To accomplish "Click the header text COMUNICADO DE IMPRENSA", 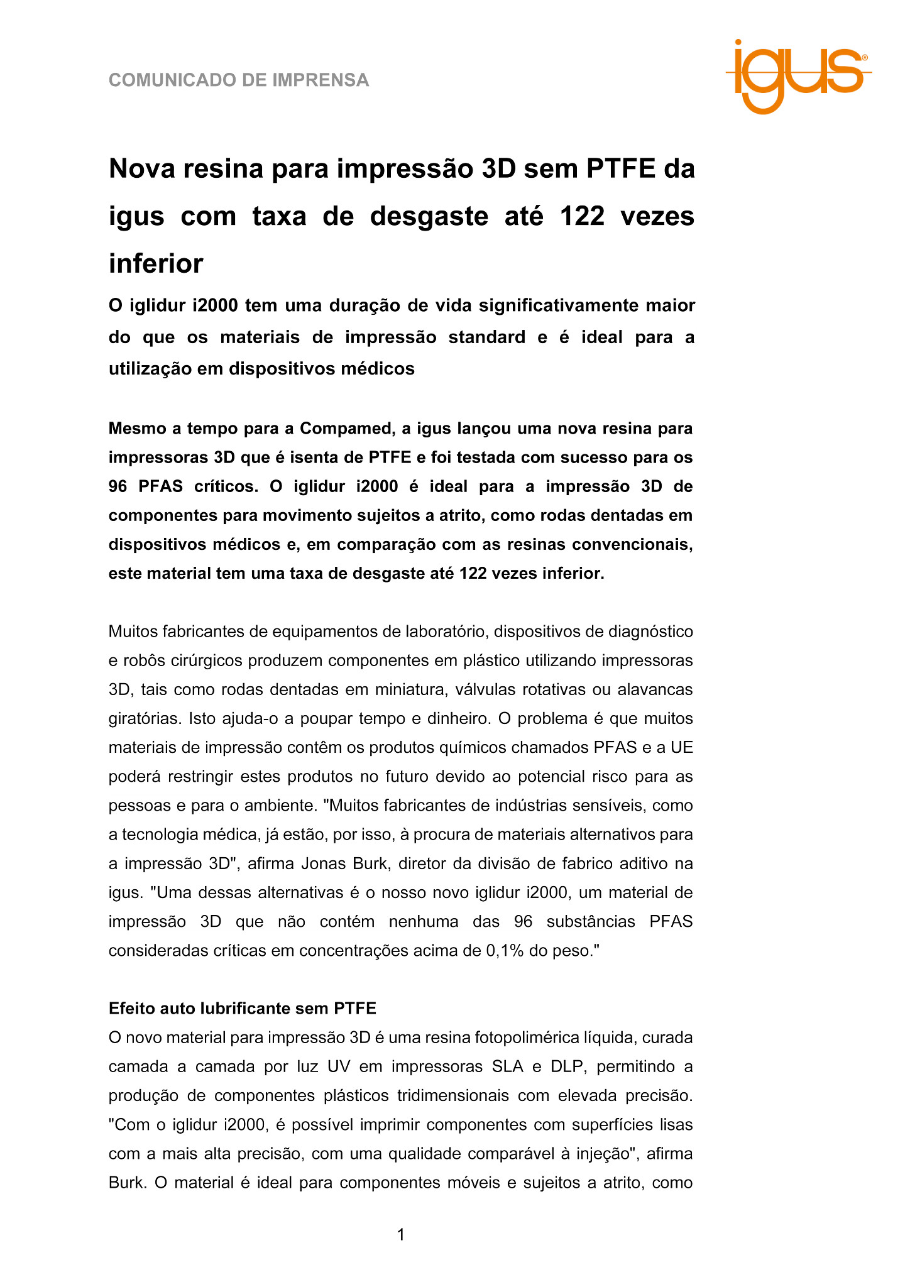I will coord(239,80).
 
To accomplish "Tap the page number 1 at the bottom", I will coord(401,1235).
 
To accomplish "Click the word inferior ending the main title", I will coord(156,264).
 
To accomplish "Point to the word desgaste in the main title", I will coord(429,217).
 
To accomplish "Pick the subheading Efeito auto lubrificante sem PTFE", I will coord(243,1009).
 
